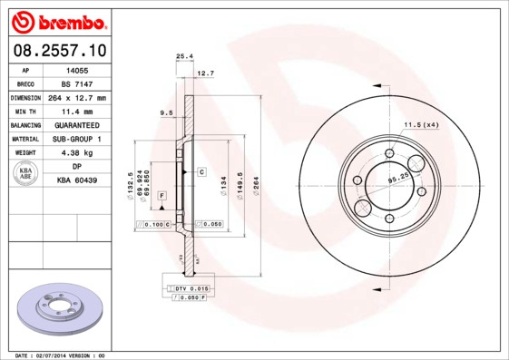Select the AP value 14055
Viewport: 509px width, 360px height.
click(x=76, y=69)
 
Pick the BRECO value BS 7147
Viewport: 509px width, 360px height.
click(x=76, y=83)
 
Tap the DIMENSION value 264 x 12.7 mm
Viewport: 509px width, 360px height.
click(x=76, y=97)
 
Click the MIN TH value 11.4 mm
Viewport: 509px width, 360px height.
click(x=76, y=111)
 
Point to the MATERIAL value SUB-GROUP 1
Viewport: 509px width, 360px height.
click(x=76, y=139)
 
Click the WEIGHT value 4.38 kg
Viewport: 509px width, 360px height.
click(x=76, y=153)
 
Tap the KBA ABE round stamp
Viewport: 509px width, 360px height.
click(x=26, y=174)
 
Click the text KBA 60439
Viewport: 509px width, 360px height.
click(x=76, y=180)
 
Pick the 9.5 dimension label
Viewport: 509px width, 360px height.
click(x=166, y=112)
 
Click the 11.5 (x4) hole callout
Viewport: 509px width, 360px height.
click(x=421, y=124)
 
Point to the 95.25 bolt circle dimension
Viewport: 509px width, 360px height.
click(x=397, y=180)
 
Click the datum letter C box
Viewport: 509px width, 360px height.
click(x=201, y=171)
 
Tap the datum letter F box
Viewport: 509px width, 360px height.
click(x=162, y=196)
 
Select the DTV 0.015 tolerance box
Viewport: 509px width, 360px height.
click(x=185, y=287)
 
